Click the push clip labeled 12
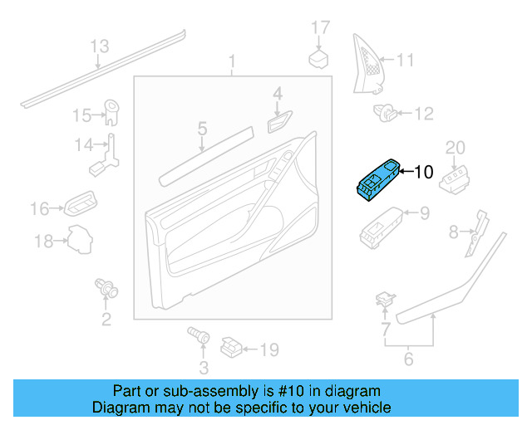[x=387, y=114]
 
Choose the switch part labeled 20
[x=455, y=177]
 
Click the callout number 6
[x=408, y=359]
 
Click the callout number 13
[x=99, y=46]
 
